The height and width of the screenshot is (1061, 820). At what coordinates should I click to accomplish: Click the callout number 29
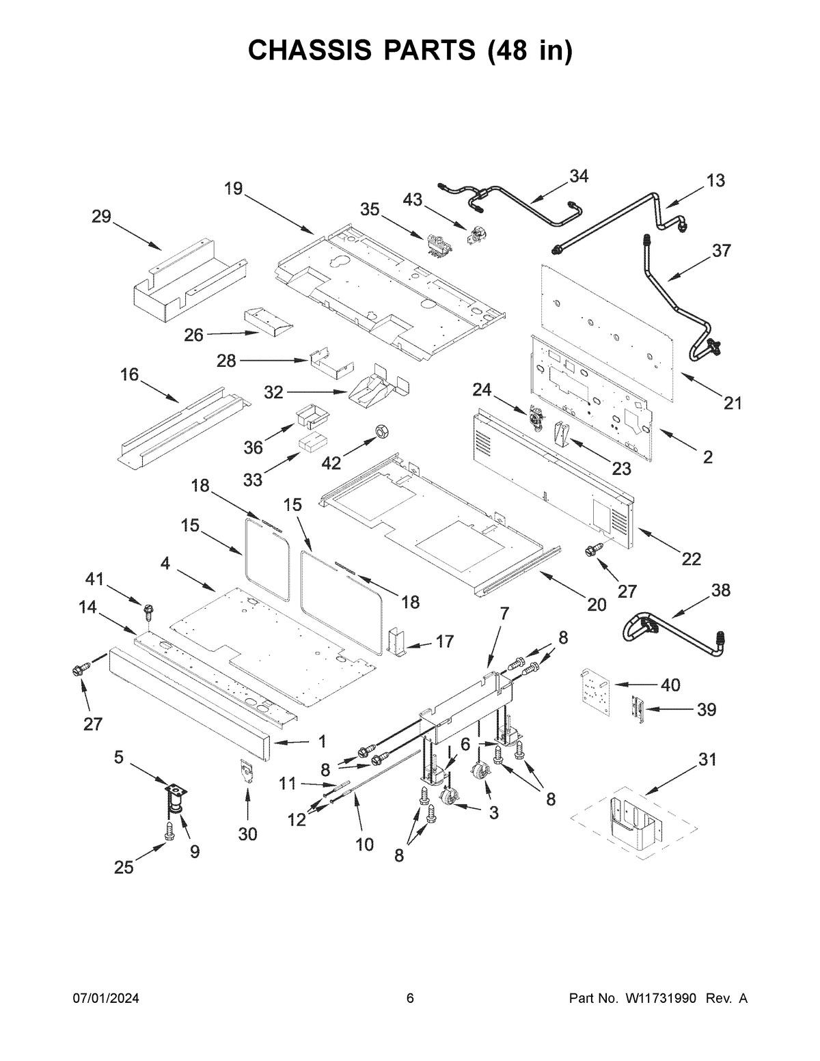pos(101,217)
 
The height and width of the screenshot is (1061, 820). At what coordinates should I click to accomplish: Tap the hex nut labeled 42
pos(382,432)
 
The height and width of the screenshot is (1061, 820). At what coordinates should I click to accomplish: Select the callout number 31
pos(708,759)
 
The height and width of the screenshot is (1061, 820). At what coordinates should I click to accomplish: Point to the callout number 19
pos(233,189)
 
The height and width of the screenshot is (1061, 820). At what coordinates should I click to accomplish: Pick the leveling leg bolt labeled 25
pos(169,832)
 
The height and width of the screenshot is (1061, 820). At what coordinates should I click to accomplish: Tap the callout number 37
pos(722,251)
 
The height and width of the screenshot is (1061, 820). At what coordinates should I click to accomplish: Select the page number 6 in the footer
pos(410,999)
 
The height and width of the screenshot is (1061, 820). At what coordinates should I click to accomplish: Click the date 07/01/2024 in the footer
pos(106,999)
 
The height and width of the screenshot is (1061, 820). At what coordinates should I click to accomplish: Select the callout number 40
pos(671,685)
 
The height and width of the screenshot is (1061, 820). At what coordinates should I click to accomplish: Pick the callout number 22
pos(691,559)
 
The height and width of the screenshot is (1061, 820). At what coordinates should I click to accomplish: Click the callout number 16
pos(129,374)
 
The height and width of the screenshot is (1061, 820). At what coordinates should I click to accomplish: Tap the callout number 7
pos(504,614)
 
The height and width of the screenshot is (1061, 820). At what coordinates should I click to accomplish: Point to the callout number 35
pos(370,210)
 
